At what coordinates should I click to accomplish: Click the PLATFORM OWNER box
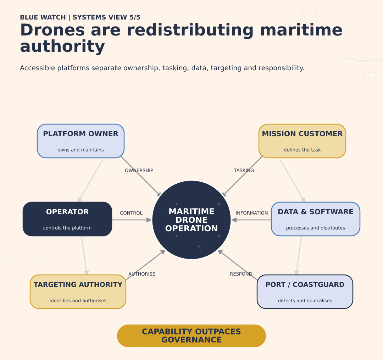point(81,141)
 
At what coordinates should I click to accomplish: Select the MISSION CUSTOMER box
point(302,141)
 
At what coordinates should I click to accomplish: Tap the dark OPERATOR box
point(67,219)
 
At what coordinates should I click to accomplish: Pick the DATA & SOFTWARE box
point(316,219)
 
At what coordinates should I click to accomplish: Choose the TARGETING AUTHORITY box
point(78,292)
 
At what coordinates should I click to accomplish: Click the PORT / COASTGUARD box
point(305,292)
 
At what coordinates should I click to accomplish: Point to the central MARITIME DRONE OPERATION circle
point(191,220)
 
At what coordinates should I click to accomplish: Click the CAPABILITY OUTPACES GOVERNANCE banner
point(191,336)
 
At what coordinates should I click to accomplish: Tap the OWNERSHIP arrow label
point(139,171)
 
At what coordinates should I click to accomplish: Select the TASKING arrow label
point(244,171)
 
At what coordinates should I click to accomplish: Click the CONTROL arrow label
point(131,213)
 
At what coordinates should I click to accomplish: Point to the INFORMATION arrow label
point(251,213)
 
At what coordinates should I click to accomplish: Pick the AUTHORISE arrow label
point(141,274)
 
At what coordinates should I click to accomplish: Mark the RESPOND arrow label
point(241,274)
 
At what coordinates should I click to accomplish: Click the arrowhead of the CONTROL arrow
point(149,220)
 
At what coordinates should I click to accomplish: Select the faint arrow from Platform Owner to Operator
point(90,181)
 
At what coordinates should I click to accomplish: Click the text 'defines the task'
point(302,150)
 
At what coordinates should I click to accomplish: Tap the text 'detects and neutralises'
point(305,300)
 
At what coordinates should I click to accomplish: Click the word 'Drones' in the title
point(52,30)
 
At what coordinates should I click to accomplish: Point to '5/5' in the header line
point(135,17)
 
